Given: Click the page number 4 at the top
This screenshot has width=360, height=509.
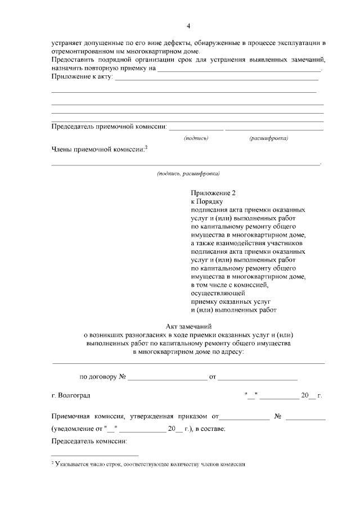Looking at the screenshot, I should [x=189, y=26].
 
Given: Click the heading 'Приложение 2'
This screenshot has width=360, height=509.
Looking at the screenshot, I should [x=212, y=192].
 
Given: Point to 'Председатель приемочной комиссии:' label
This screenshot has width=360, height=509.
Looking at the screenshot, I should [x=109, y=127].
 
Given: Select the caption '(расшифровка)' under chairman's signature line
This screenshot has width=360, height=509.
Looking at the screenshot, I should [x=268, y=138].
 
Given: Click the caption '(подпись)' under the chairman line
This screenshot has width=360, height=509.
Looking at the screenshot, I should [x=196, y=138].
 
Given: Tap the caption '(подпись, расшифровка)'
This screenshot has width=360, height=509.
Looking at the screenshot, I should [x=188, y=173].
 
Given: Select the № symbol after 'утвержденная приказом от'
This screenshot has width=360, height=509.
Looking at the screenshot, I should [x=277, y=417].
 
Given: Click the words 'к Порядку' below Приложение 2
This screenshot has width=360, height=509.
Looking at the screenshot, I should [x=207, y=201].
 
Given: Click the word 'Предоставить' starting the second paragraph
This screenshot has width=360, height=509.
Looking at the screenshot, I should [x=75, y=60].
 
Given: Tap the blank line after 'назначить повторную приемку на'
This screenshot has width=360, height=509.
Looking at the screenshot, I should [x=239, y=69].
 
